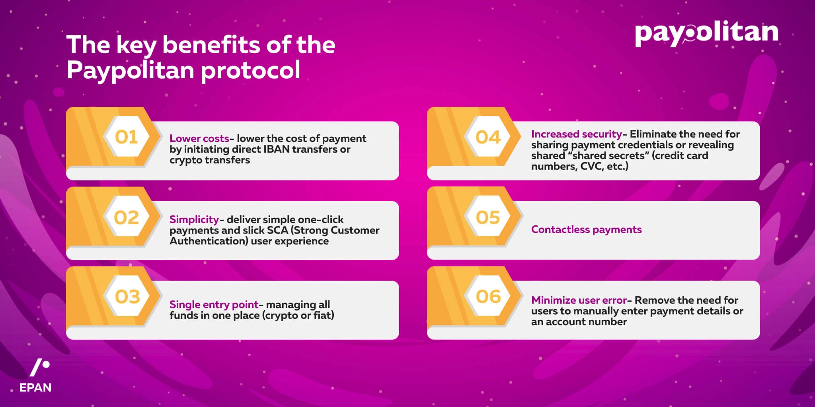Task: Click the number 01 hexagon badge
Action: (127, 137)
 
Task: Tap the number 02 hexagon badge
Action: (127, 217)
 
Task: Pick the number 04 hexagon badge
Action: (488, 137)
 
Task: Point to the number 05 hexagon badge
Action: (488, 217)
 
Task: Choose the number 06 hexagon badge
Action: (488, 297)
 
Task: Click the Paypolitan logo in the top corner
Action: (706, 34)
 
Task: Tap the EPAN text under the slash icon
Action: (35, 388)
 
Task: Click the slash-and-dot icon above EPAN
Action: (40, 368)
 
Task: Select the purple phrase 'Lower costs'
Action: (199, 138)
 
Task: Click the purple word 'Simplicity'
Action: (194, 220)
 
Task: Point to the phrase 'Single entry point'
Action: (214, 305)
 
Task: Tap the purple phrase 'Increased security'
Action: (576, 134)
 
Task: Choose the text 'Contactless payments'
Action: (586, 230)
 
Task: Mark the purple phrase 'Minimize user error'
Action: (579, 300)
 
